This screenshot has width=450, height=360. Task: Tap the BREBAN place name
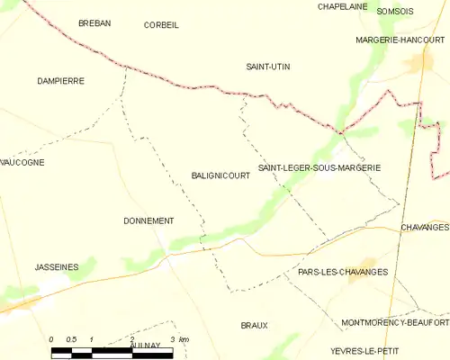pos(94,23)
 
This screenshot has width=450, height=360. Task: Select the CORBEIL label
pos(161,25)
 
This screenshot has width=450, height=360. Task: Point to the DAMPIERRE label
pos(60,81)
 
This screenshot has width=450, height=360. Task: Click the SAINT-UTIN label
pos(268,67)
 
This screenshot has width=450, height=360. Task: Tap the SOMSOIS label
pos(395,11)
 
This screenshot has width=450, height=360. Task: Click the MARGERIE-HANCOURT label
pos(400,40)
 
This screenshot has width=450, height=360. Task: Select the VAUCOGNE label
pos(22,162)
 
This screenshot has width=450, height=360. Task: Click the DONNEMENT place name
pos(148,220)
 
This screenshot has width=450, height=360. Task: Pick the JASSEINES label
pos(57,267)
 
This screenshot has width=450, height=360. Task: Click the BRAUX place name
pos(254,325)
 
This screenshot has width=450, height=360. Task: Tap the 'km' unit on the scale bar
pos(184,339)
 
